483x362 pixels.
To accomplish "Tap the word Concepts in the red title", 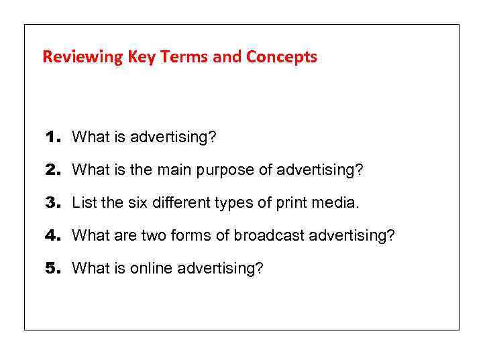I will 281,58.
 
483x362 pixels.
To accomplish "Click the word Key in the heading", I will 143,58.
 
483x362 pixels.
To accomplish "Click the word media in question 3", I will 338,203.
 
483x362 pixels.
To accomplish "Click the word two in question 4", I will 162,236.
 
